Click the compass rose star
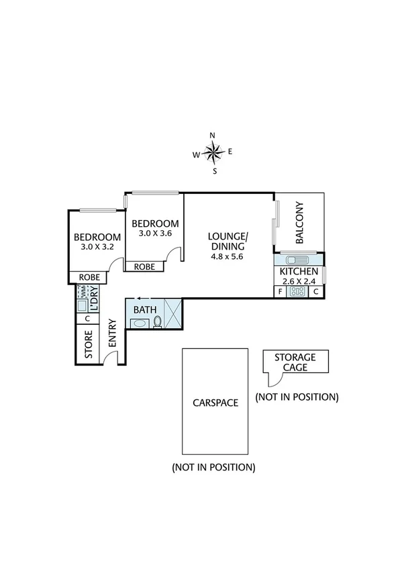(213, 154)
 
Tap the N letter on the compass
(213, 136)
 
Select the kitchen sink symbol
(295, 260)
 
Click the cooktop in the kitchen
(297, 292)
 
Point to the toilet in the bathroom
(157, 322)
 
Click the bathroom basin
(140, 323)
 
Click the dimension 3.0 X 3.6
(155, 234)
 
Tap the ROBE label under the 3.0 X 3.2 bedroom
(90, 277)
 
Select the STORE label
(88, 344)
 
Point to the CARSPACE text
(215, 403)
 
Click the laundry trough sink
(82, 306)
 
